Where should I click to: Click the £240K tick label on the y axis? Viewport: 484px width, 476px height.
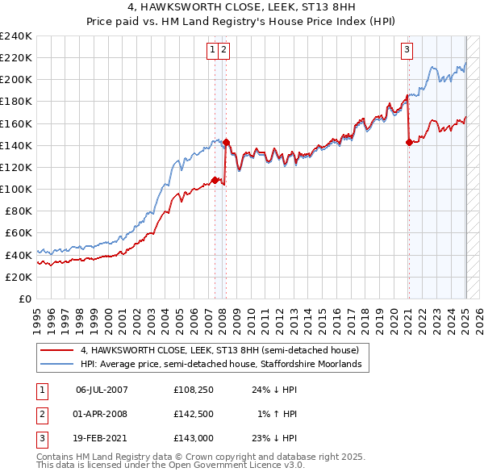[x=16, y=35]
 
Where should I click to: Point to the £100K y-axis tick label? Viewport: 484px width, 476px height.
[x=16, y=189]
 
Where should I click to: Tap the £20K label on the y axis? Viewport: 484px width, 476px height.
[x=19, y=277]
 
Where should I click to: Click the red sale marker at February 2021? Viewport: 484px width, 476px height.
[x=409, y=142]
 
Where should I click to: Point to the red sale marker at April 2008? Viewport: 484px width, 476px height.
[x=226, y=143]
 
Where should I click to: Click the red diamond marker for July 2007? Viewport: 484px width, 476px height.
[x=215, y=180]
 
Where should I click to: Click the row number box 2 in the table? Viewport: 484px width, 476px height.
[x=40, y=415]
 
